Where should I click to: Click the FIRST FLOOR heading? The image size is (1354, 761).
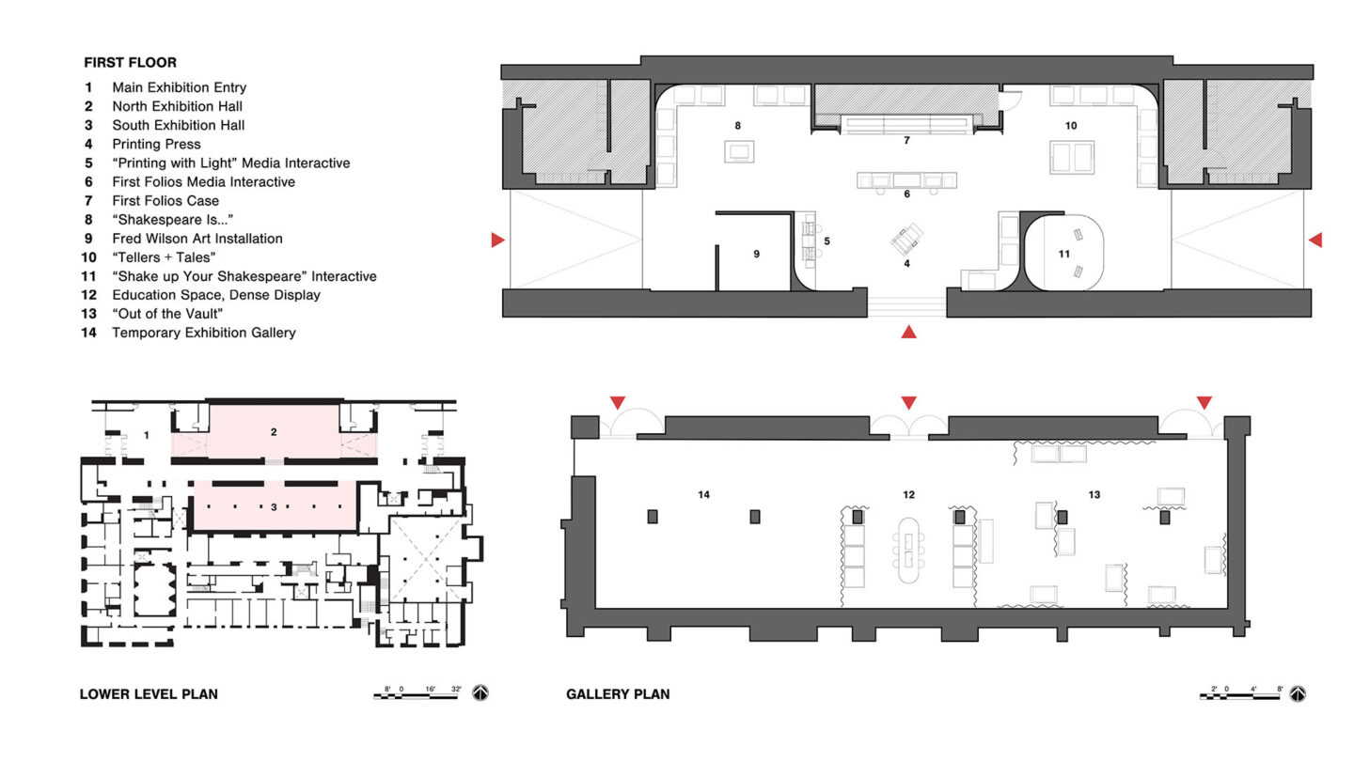pos(130,62)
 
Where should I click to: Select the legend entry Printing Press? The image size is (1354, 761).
pos(156,144)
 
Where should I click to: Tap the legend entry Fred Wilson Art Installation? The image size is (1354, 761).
pos(197,238)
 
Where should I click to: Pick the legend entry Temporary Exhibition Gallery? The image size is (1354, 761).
pos(204,333)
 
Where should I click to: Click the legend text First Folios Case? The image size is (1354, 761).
pos(165,200)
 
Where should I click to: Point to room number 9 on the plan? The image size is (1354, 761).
pos(756,254)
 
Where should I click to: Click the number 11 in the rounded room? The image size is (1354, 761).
pos(1063,254)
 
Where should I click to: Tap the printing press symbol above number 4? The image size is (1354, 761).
pos(906,240)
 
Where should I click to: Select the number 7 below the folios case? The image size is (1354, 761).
pos(906,140)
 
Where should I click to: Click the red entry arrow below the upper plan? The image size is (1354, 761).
pos(908,332)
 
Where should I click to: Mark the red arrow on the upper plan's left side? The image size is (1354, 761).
pos(497,240)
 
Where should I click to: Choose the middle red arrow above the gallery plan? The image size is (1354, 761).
pos(908,402)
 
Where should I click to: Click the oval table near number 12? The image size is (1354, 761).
pos(908,550)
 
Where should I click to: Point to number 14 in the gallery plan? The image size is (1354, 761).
pos(703,494)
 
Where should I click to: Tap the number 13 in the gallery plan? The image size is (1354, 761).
pos(1094,494)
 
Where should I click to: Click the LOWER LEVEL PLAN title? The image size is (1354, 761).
pos(149,694)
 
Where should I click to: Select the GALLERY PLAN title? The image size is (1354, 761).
pos(618,694)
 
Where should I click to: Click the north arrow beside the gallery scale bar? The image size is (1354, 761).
pos(1298,694)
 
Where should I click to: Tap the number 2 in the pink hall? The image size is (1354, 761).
pos(274,432)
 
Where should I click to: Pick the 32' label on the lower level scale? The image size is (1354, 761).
pos(456,689)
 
